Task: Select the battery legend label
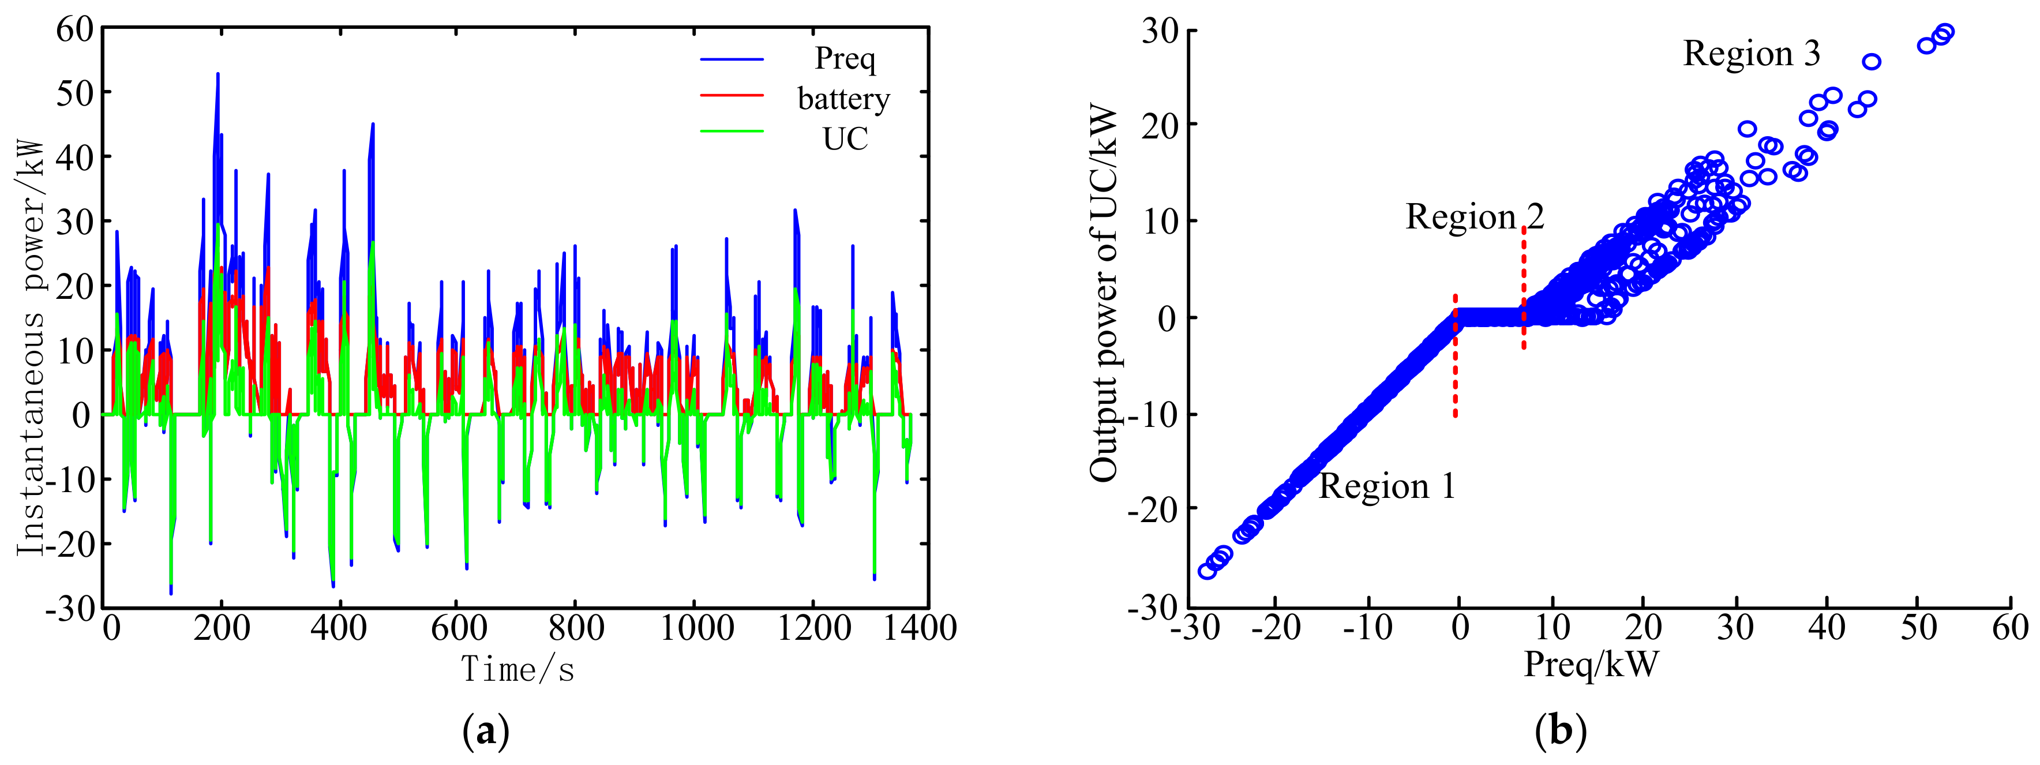point(843,99)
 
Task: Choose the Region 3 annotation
point(1751,54)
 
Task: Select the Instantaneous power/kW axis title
point(32,348)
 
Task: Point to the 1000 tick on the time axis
point(696,628)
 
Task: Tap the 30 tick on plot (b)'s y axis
point(1160,32)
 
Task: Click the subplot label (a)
point(485,731)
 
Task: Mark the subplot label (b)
point(1560,731)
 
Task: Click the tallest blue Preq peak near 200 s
point(217,74)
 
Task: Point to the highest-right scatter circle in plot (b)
point(1944,32)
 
